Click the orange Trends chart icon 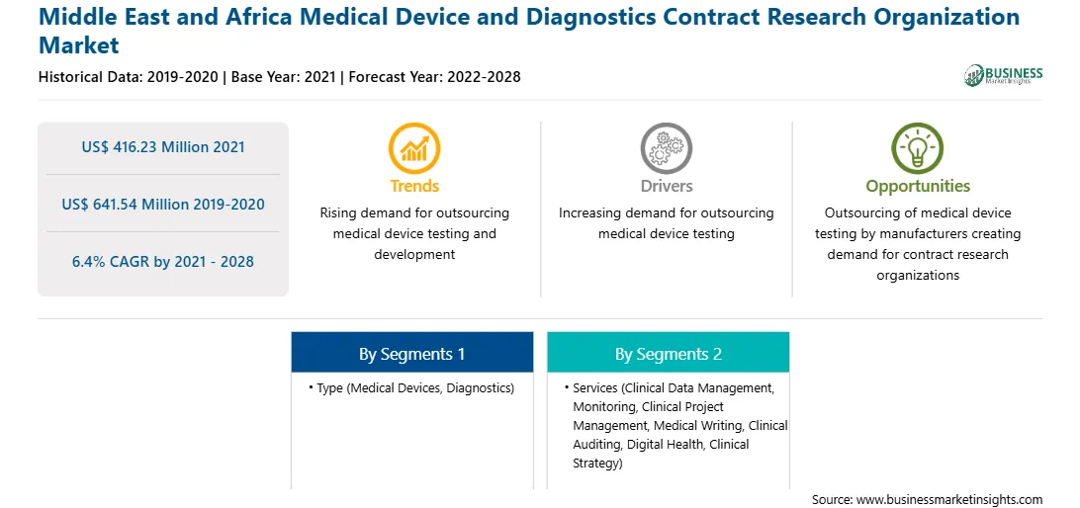(x=414, y=148)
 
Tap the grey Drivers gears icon (x=666, y=148)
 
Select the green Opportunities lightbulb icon (x=918, y=148)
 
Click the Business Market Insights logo (x=1004, y=75)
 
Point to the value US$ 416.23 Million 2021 (x=163, y=147)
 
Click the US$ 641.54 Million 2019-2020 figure (x=163, y=205)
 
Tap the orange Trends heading (x=414, y=186)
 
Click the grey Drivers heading (x=667, y=186)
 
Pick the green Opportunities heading (x=918, y=187)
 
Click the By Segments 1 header (x=411, y=354)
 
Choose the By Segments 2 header (x=669, y=354)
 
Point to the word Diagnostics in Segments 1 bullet (x=478, y=388)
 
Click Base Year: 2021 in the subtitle (x=285, y=76)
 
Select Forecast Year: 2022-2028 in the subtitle (x=434, y=76)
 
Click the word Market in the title (x=78, y=45)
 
